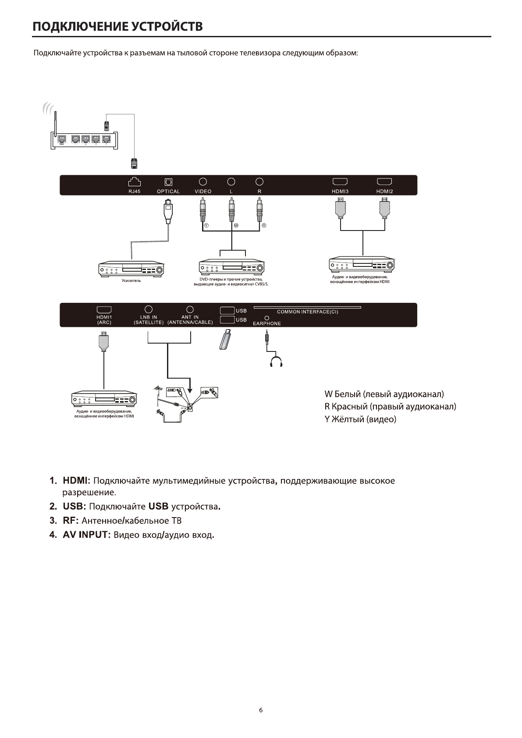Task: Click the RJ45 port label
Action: pyautogui.click(x=135, y=192)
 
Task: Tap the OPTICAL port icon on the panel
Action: pyautogui.click(x=168, y=181)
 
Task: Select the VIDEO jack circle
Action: pyautogui.click(x=203, y=181)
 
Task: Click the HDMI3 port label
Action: pyautogui.click(x=340, y=192)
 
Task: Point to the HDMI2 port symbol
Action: pyautogui.click(x=384, y=181)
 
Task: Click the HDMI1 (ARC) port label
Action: pyautogui.click(x=104, y=319)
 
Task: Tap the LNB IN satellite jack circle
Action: pyautogui.click(x=149, y=309)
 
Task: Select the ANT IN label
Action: pyautogui.click(x=190, y=317)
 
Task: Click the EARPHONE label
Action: pyautogui.click(x=267, y=323)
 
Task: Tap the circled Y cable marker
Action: pyautogui.click(x=206, y=225)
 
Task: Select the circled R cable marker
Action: pyautogui.click(x=264, y=225)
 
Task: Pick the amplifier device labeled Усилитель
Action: pyautogui.click(x=131, y=270)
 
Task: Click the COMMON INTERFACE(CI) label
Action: pyautogui.click(x=308, y=312)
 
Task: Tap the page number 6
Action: pyautogui.click(x=261, y=710)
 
